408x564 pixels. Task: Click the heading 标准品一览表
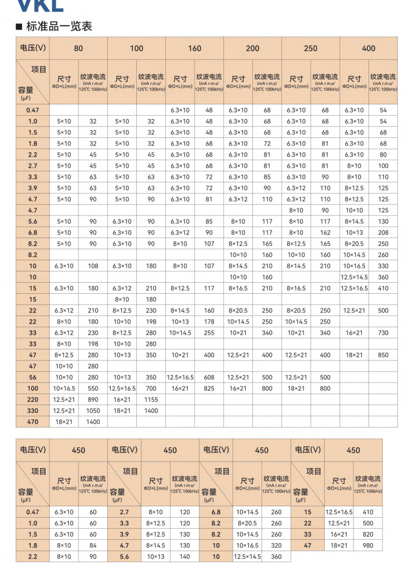tap(59, 26)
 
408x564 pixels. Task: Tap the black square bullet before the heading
tap(19, 27)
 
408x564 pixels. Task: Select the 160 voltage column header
tap(194, 48)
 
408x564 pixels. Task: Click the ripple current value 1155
tap(151, 399)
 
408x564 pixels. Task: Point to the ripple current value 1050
tap(93, 410)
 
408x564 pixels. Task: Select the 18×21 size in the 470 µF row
tap(64, 422)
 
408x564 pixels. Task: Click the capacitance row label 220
tap(33, 399)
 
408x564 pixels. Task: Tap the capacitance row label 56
tap(33, 377)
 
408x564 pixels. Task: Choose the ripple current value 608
tap(209, 377)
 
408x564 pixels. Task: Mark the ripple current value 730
tap(383, 332)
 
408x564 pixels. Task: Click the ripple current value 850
tap(383, 355)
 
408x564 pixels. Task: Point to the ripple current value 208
tap(383, 233)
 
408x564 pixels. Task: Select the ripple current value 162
tap(325, 233)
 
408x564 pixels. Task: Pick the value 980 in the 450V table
tap(368, 545)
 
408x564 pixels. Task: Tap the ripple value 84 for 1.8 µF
tap(93, 545)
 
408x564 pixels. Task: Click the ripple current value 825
tap(209, 388)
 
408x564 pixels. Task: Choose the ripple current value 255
tap(209, 332)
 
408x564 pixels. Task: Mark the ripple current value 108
tap(93, 266)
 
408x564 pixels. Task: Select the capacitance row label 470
tap(33, 422)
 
